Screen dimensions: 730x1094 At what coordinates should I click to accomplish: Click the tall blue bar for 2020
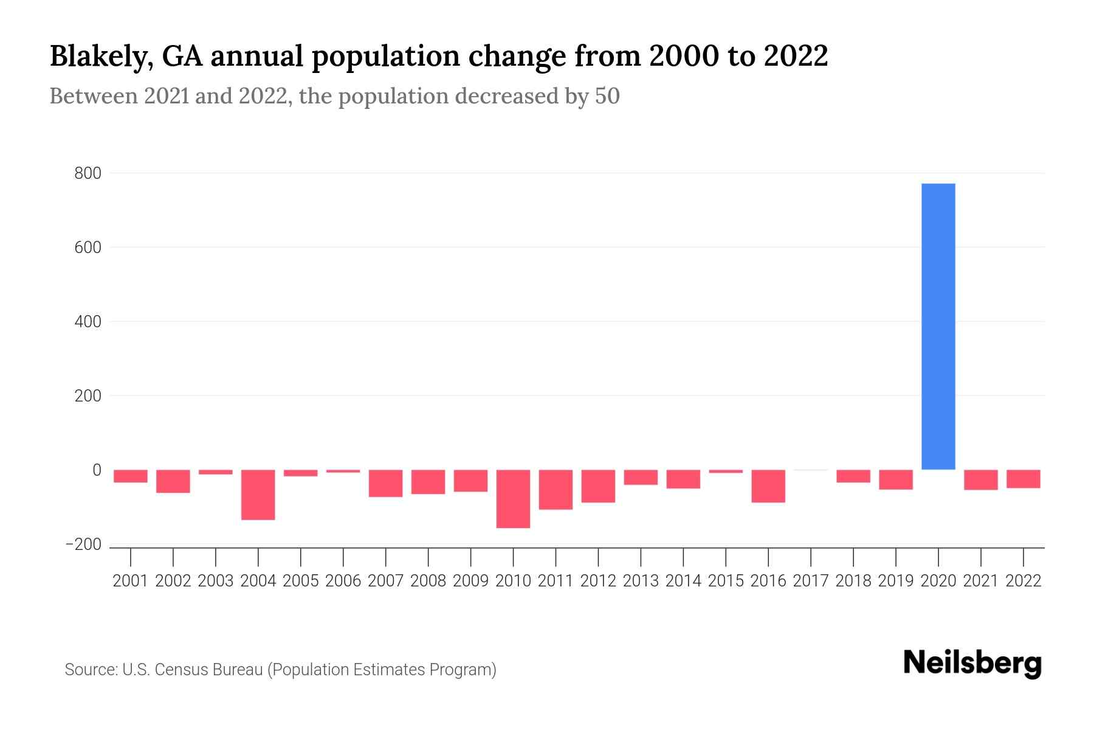[938, 326]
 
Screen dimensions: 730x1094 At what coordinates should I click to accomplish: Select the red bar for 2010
[513, 498]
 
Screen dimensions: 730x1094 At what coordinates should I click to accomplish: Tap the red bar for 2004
[258, 494]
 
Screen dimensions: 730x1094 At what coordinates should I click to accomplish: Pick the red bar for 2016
[768, 485]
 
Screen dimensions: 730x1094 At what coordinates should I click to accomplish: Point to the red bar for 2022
[1023, 479]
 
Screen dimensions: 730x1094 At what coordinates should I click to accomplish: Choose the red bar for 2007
[385, 483]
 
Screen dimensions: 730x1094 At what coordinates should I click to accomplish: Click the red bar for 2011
[556, 489]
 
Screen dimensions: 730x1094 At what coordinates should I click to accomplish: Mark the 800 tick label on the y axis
[88, 174]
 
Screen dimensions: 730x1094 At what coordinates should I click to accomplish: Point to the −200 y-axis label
[83, 544]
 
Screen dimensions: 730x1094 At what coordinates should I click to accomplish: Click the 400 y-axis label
[88, 322]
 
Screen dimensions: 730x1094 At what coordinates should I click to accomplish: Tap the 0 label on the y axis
[97, 470]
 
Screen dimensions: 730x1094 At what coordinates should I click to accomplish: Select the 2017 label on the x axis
[811, 581]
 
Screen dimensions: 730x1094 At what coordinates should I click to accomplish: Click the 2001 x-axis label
[131, 581]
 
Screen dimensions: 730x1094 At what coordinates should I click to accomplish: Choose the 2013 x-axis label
[641, 581]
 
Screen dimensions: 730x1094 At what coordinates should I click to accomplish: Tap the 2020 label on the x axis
[938, 581]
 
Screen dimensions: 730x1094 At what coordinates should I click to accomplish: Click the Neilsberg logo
[972, 663]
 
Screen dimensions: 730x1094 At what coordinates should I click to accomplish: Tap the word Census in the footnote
[177, 670]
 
